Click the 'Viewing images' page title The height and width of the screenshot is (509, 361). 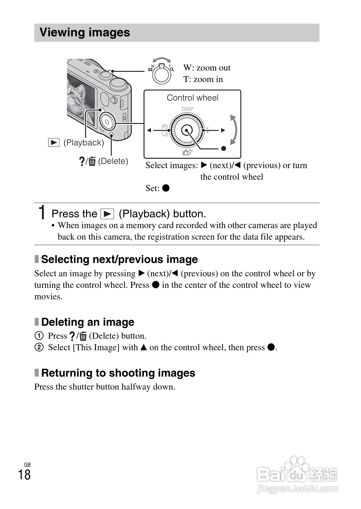point(85,32)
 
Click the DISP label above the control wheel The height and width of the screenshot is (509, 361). point(187,109)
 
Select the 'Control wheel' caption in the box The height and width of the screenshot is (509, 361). point(192,98)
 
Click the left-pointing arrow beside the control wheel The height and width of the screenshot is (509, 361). point(149,130)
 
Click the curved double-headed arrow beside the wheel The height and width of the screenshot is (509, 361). point(233,130)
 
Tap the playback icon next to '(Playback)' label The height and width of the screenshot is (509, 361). point(54,142)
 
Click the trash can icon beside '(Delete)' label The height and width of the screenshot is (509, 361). point(92,161)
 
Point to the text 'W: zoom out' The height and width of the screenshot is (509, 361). point(207,68)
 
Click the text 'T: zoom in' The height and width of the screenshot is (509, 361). point(203,79)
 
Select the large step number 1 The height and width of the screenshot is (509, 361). point(43,212)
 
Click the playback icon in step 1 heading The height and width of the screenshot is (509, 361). point(107,214)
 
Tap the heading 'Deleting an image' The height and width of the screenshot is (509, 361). point(88,322)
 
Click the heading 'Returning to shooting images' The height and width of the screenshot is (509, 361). point(118,373)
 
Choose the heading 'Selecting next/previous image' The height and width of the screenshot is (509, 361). point(119,259)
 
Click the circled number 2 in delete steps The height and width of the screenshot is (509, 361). point(39,347)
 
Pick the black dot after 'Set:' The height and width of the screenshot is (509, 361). point(166,188)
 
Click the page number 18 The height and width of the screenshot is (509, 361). point(24,475)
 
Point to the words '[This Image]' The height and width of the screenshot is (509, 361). point(96,347)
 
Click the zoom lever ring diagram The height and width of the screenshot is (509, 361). point(161,74)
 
